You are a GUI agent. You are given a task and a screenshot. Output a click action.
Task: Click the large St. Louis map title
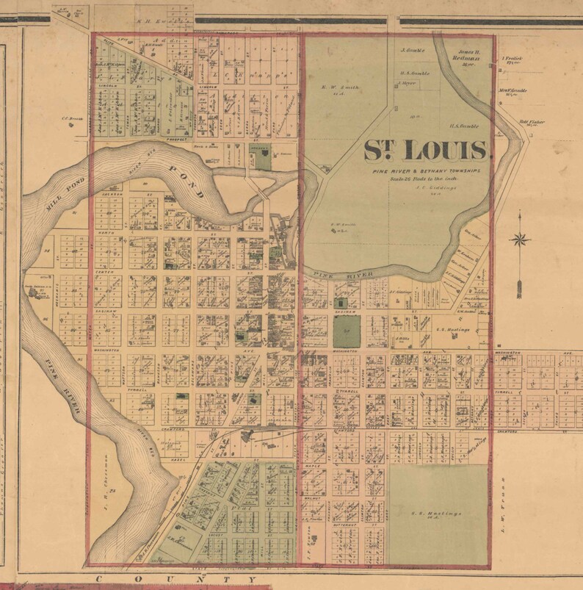tap(427, 150)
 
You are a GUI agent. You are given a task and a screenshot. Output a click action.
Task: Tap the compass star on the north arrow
tap(521, 238)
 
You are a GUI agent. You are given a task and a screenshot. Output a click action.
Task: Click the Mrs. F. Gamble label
tap(515, 93)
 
